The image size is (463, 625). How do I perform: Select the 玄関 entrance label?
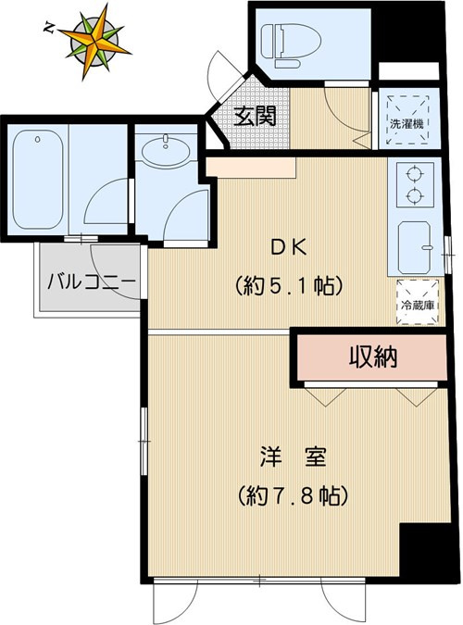[x=253, y=117]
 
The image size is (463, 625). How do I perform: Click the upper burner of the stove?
[x=412, y=174]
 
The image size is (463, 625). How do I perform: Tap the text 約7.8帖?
[x=291, y=495]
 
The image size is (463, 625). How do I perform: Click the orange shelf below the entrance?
[x=251, y=168]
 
